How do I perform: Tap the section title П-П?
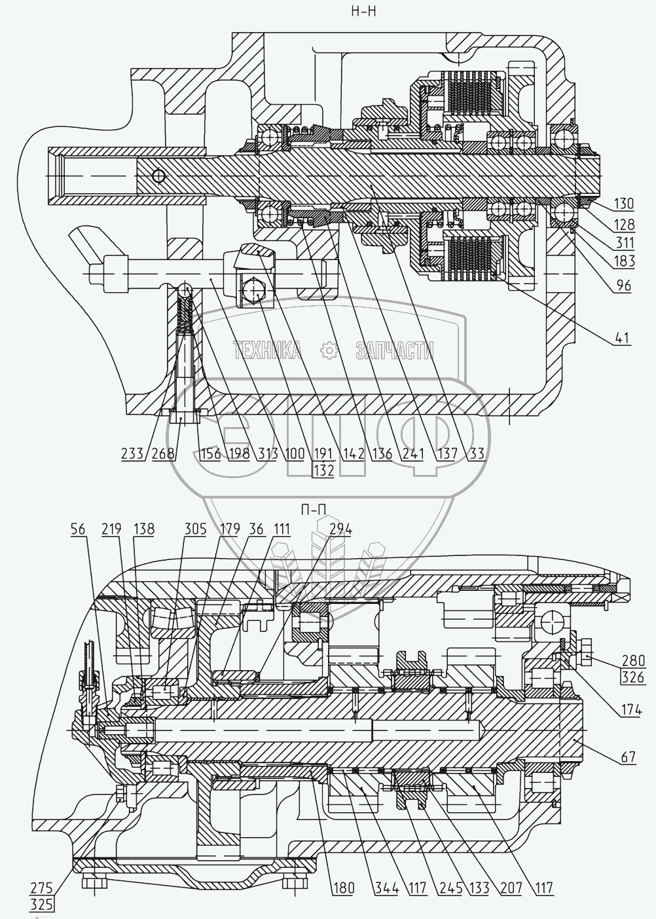tap(314, 510)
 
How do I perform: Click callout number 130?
tap(624, 204)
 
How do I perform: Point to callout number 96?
tap(623, 285)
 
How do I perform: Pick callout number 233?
tap(132, 453)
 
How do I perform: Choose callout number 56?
tap(78, 529)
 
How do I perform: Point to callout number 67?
tap(627, 757)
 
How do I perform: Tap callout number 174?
tap(631, 710)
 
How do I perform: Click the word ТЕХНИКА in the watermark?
tap(267, 350)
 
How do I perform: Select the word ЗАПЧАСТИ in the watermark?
tap(394, 350)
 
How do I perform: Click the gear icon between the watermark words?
tap(329, 351)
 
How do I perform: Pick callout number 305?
tap(194, 529)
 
